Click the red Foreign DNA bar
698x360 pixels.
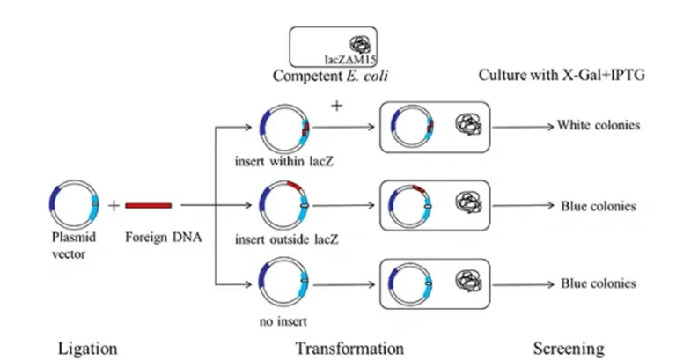click(x=148, y=206)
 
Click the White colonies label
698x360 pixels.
click(x=598, y=125)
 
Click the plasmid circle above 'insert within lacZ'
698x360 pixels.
click(x=284, y=130)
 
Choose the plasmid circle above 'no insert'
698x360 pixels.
click(x=283, y=283)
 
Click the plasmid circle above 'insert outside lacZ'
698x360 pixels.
click(x=283, y=205)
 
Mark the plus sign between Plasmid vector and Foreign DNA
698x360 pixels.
click(x=113, y=206)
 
